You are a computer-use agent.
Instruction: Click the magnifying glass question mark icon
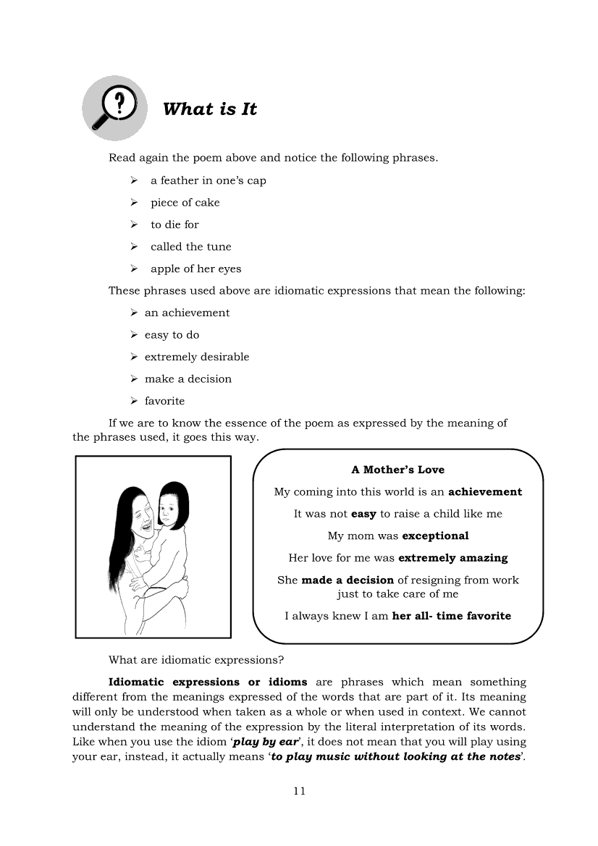point(114,108)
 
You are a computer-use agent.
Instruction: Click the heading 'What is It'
point(210,109)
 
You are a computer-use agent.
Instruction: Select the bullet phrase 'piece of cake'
point(185,203)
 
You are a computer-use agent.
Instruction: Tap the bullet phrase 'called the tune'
point(190,247)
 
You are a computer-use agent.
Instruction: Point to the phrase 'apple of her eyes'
point(195,268)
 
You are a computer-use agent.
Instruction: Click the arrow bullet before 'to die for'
point(134,224)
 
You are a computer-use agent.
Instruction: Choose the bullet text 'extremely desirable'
point(196,357)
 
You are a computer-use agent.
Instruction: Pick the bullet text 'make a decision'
point(188,378)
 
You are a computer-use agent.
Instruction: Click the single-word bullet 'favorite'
point(164,401)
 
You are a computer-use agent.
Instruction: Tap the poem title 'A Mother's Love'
point(397,470)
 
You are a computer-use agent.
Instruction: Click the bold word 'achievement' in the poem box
point(485,492)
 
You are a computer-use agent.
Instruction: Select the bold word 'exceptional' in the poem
point(435,536)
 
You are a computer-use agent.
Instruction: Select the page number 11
point(300,791)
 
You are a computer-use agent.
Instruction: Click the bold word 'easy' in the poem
point(363,514)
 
